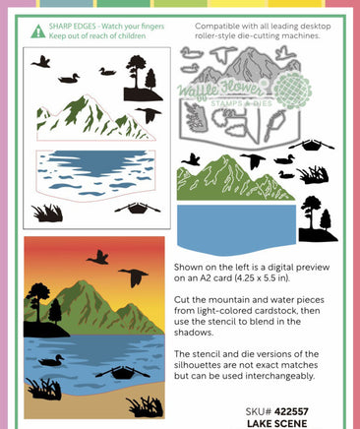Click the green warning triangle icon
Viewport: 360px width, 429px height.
tap(38, 31)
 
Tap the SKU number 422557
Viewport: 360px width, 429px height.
tap(291, 411)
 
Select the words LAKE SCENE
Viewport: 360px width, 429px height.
tap(277, 423)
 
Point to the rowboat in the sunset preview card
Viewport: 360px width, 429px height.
tap(123, 373)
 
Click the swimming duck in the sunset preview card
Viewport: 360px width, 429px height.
tap(51, 360)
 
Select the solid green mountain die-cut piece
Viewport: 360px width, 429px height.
tap(235, 177)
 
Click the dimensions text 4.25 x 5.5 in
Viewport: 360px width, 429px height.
tap(260, 278)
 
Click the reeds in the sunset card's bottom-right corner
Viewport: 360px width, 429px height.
tap(146, 407)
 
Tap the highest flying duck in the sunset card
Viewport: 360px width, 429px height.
tap(98, 258)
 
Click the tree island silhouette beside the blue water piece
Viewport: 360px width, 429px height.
tap(318, 219)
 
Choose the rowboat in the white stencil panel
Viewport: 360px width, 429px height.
tap(138, 208)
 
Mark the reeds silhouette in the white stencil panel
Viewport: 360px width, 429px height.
tap(47, 214)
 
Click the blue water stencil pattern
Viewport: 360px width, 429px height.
tap(95, 173)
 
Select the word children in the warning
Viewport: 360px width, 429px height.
tap(132, 35)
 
